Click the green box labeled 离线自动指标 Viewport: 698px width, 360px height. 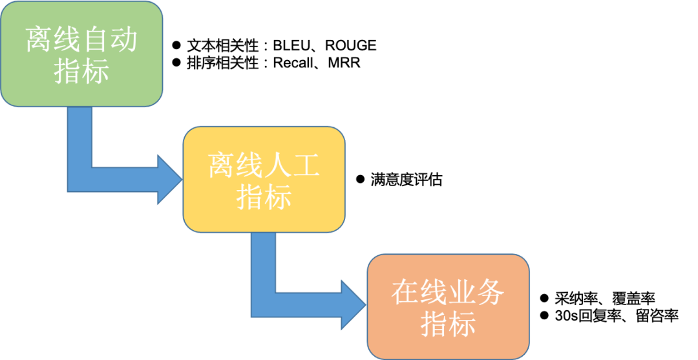[81, 54]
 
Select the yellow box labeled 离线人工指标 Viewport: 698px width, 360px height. [264, 180]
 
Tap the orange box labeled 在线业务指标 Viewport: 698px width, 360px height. [449, 306]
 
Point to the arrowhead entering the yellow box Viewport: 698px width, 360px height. [170, 180]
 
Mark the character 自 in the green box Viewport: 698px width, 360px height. [95, 40]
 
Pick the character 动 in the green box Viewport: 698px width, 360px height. [123, 40]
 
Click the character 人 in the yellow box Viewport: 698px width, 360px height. [278, 166]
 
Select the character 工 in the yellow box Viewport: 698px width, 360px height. [306, 166]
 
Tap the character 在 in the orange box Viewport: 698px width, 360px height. [406, 293]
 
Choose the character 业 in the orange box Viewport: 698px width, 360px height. [462, 293]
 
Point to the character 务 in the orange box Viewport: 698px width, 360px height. [491, 293]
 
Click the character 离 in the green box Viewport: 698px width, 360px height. [39, 40]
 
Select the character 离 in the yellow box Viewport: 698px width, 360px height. [222, 166]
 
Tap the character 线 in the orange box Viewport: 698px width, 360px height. [434, 293]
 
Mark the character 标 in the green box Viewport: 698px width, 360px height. [96, 70]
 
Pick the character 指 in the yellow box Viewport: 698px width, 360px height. [250, 196]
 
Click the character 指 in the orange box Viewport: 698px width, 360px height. [434, 323]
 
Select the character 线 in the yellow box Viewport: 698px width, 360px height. [250, 166]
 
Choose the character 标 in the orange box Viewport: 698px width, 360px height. [463, 323]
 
